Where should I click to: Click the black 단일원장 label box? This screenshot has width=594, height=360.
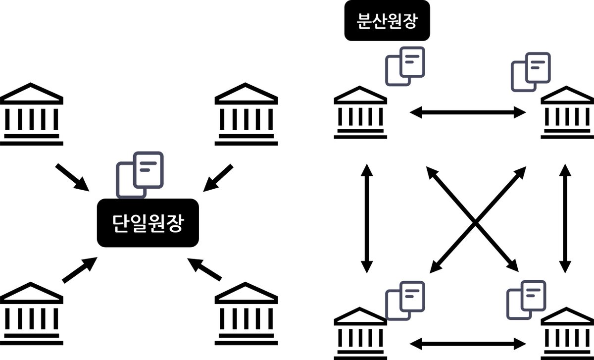point(148,222)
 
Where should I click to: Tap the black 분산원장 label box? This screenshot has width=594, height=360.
point(387,23)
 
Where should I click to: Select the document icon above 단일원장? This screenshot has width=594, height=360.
point(140,173)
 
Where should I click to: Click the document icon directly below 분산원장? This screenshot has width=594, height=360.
point(405,66)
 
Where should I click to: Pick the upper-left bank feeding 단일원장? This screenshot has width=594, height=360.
point(32,114)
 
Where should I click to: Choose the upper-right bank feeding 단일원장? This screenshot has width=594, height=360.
point(246,114)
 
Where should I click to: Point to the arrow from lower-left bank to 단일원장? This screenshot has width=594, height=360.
point(79,270)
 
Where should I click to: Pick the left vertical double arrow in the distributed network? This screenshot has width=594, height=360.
point(366,218)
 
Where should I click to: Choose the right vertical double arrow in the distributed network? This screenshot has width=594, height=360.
point(564,218)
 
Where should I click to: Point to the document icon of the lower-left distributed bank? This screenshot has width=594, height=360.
point(405,300)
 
